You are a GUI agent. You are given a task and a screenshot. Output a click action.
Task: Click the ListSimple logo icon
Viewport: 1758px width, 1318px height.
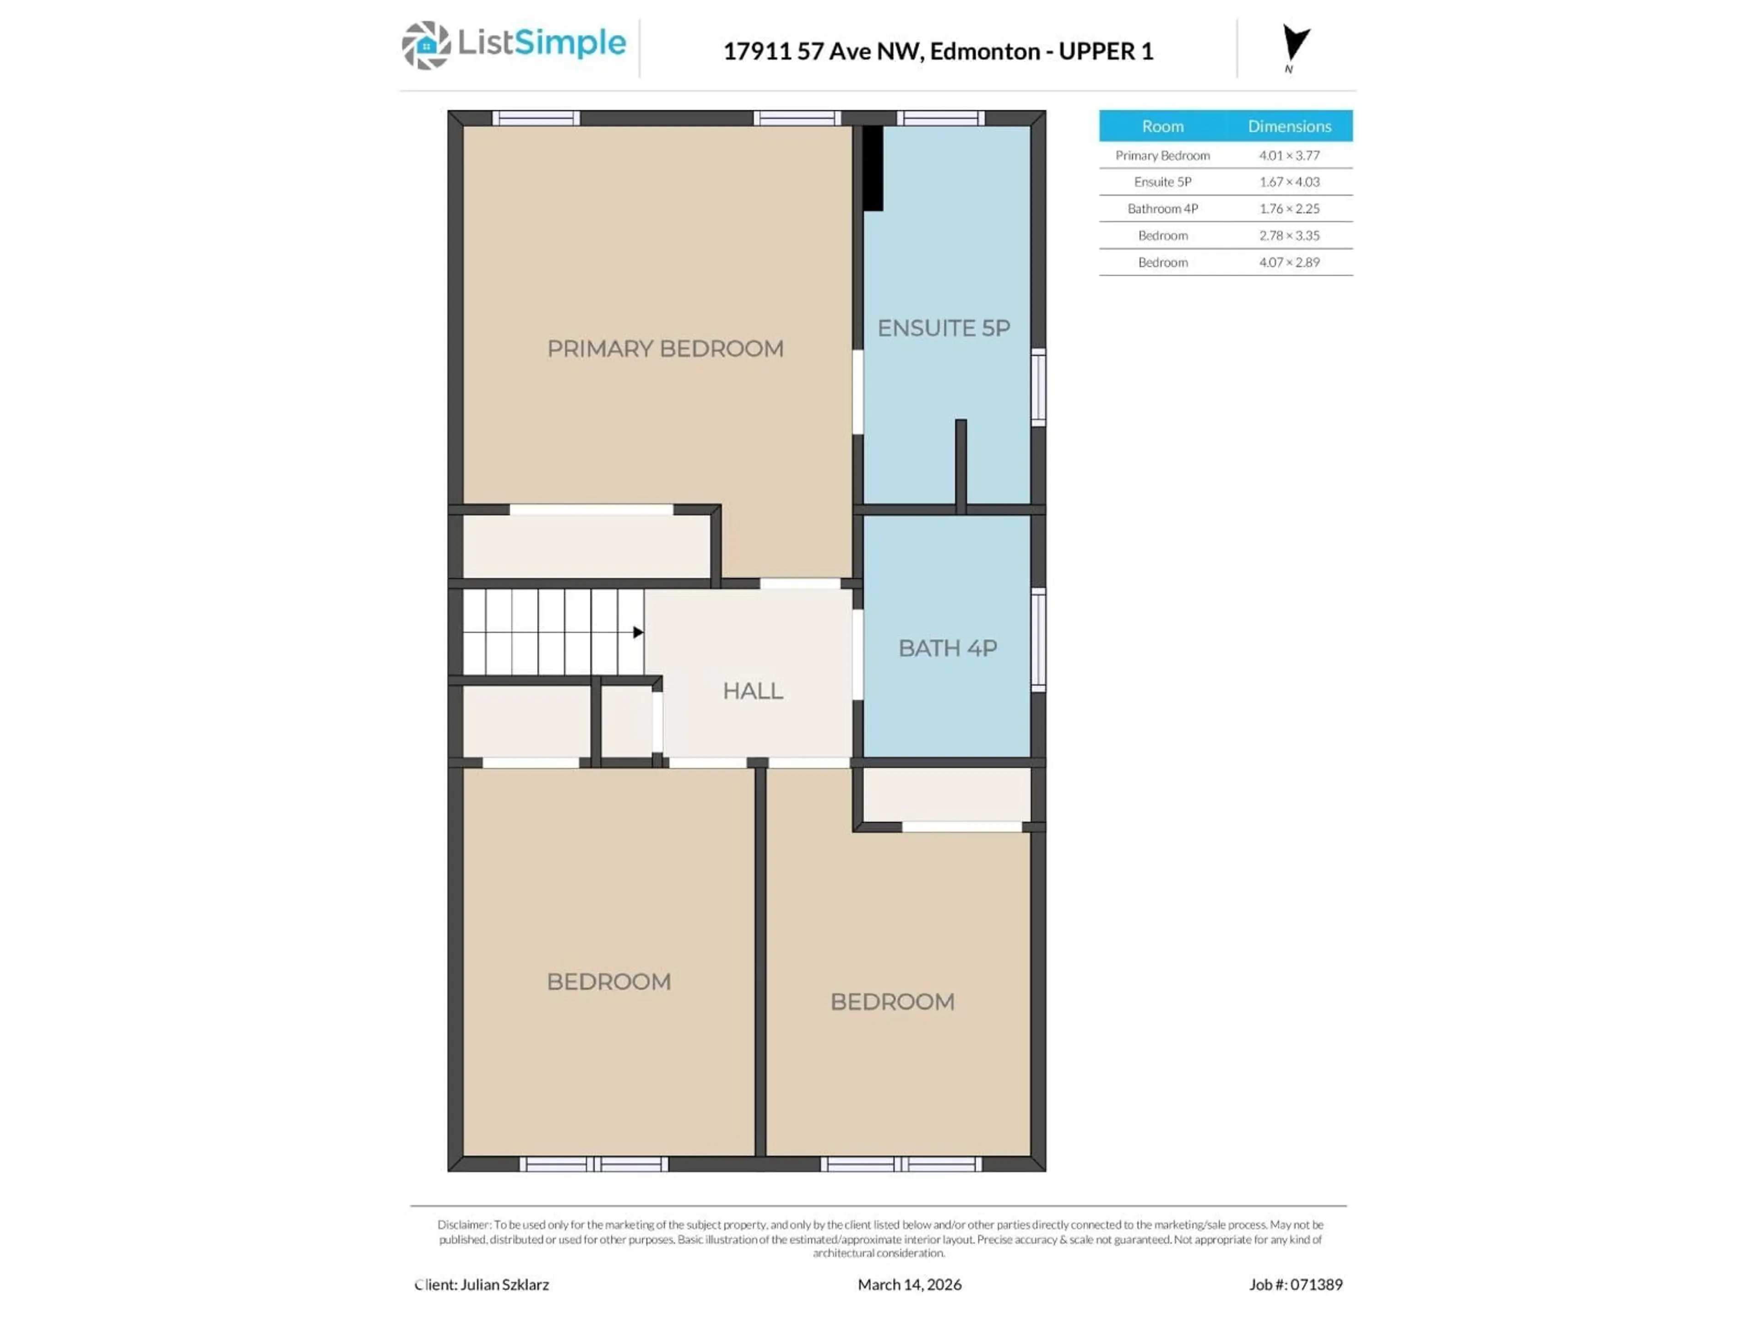[x=426, y=45]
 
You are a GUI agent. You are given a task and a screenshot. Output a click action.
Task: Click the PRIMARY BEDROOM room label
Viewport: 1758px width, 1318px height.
[x=665, y=349]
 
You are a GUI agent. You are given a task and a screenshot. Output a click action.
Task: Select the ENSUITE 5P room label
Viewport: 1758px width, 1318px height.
[x=944, y=328]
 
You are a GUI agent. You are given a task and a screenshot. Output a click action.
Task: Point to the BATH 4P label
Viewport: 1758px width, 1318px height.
[x=947, y=648]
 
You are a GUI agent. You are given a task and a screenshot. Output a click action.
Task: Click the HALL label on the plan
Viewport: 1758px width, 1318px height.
[x=753, y=691]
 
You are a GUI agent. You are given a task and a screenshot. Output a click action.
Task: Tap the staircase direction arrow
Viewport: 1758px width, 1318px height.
[x=637, y=632]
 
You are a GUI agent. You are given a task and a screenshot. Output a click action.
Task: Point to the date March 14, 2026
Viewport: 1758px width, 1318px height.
[x=909, y=1285]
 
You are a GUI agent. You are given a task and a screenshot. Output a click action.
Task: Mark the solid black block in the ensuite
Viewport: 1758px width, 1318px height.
[x=873, y=168]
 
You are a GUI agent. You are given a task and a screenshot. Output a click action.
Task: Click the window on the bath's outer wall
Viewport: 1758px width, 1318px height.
[x=1038, y=639]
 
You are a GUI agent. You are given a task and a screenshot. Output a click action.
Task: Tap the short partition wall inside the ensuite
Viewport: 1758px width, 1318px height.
[x=961, y=465]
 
